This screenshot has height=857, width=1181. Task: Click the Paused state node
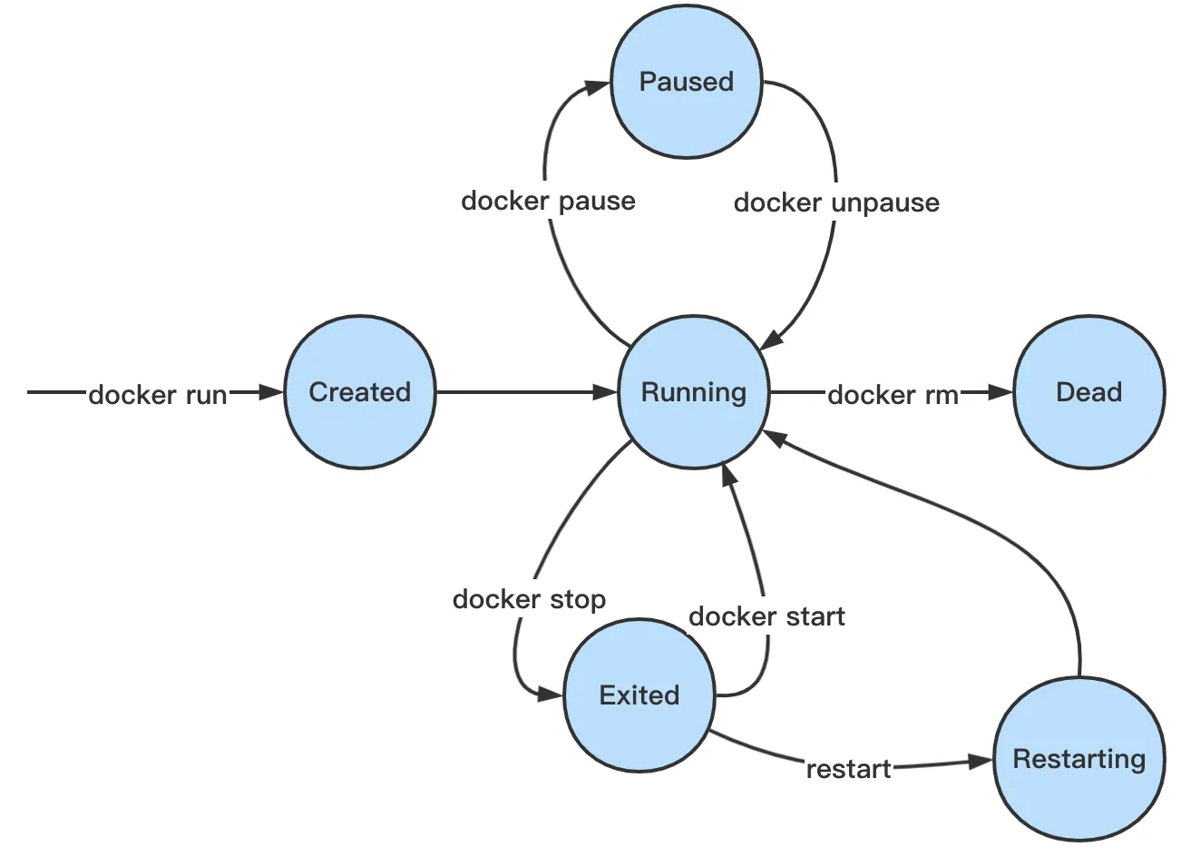tap(686, 82)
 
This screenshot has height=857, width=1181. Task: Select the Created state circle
tap(359, 392)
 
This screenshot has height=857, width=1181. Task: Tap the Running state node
tap(693, 392)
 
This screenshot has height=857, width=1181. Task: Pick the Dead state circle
tap(1088, 392)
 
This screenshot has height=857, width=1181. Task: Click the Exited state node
tap(639, 695)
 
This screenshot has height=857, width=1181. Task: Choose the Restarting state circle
tap(1079, 759)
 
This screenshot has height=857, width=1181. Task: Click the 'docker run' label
tap(158, 395)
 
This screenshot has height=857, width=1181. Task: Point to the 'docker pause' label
tap(548, 201)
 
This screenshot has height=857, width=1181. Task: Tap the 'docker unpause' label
tap(836, 202)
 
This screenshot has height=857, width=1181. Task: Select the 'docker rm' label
tap(893, 395)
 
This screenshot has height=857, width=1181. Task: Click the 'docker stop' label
tap(529, 599)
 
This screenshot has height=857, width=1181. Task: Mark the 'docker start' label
tap(766, 617)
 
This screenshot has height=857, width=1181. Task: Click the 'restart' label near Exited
tap(848, 770)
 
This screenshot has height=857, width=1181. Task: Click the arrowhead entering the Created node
tap(272, 392)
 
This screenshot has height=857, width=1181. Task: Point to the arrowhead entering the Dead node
tap(1000, 392)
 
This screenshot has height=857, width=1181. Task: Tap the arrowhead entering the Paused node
tap(597, 87)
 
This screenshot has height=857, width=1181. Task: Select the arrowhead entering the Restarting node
tap(981, 762)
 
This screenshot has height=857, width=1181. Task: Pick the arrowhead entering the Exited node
tap(550, 694)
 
